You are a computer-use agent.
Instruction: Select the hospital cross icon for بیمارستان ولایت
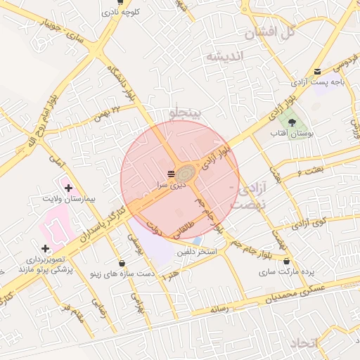click(x=68, y=187)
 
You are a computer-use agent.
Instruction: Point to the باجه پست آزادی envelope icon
click(x=318, y=71)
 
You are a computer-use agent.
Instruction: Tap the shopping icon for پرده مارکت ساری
click(x=286, y=261)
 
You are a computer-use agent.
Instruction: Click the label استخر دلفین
click(x=197, y=251)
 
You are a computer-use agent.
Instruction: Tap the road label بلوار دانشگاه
click(x=121, y=81)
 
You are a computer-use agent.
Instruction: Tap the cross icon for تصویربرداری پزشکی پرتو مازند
click(x=46, y=249)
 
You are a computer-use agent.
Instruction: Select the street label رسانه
click(x=216, y=308)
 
